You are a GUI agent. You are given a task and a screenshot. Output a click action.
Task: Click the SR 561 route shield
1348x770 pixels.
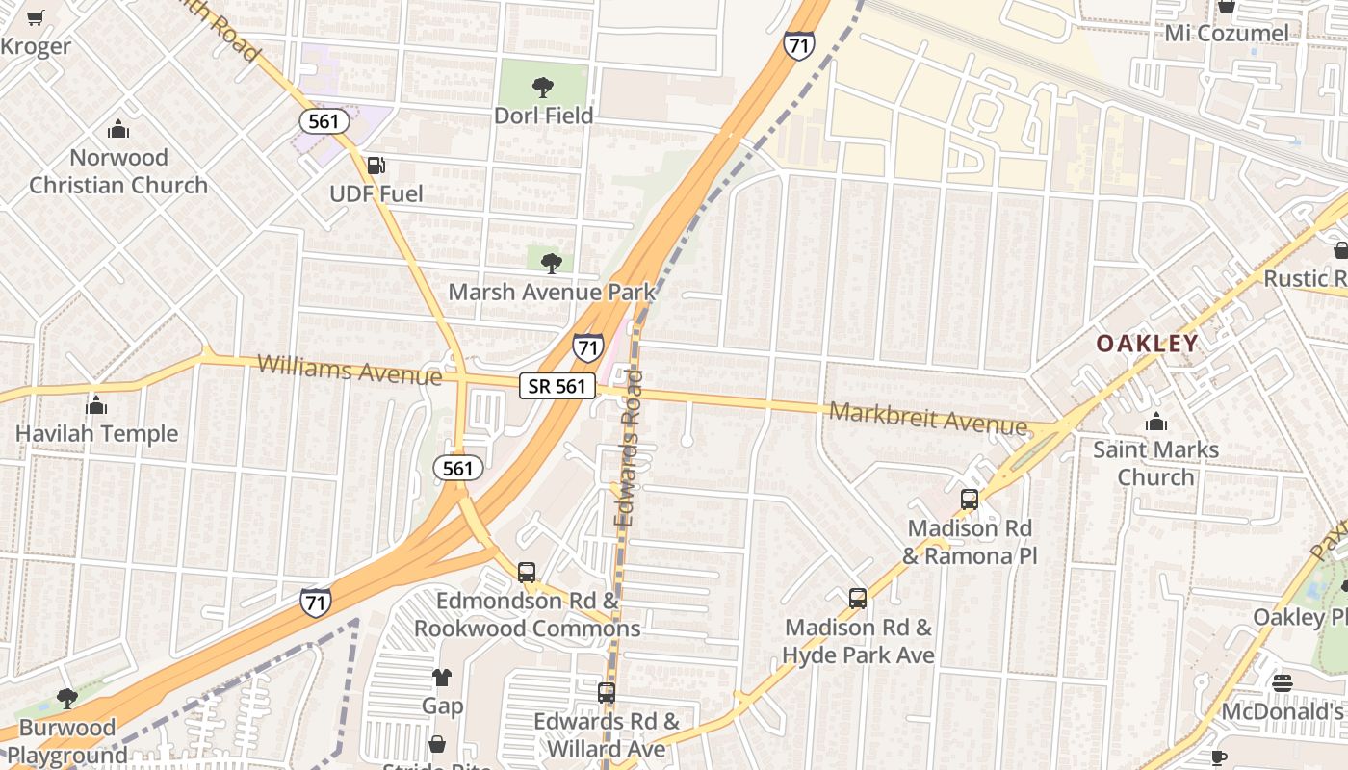557,386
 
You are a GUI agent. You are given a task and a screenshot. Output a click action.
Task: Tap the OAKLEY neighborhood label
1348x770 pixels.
1147,344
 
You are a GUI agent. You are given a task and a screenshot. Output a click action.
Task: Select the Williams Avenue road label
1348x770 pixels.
350,369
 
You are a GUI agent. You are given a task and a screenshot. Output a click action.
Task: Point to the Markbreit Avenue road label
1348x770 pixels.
928,418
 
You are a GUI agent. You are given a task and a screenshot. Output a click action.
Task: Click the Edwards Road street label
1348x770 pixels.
629,448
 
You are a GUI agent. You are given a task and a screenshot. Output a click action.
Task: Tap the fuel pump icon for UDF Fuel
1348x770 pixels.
376,167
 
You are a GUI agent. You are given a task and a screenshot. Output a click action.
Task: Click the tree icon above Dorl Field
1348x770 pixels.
543,88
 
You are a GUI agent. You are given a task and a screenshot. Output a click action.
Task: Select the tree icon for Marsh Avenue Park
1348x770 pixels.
552,263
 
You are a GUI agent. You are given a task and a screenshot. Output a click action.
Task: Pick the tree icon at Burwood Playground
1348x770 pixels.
66,699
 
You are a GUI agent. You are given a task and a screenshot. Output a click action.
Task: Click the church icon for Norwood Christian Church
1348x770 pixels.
118,129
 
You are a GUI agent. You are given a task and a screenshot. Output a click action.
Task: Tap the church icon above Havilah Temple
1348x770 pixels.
96,405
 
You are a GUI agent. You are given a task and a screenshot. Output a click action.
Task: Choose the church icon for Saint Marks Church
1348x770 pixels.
1155,422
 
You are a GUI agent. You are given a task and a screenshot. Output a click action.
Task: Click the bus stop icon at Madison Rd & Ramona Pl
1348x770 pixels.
970,500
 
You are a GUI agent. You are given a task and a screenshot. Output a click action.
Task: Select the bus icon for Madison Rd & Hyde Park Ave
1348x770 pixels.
858,599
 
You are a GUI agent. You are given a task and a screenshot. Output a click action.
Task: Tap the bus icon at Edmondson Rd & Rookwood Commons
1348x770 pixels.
527,572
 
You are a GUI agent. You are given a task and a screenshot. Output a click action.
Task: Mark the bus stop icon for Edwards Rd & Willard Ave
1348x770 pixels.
607,693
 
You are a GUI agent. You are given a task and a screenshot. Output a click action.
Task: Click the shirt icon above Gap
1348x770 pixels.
442,678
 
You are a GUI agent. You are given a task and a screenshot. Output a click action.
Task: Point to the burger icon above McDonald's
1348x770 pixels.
1282,683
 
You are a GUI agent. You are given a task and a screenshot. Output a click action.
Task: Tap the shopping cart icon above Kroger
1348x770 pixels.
36,17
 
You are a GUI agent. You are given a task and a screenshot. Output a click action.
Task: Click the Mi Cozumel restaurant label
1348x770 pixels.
1226,34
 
